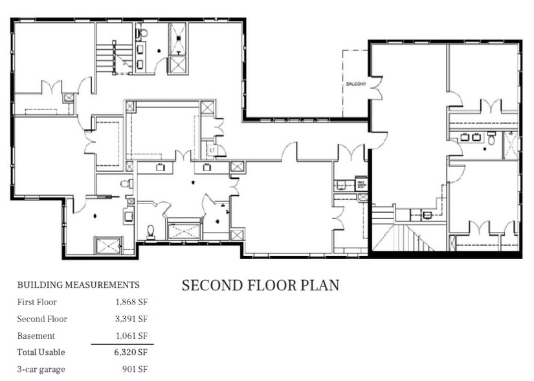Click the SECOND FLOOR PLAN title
click(x=260, y=286)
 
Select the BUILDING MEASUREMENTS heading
click(x=78, y=284)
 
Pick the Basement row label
click(x=36, y=336)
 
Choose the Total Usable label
click(x=41, y=352)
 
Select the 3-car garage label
click(x=41, y=369)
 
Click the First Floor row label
click(x=37, y=302)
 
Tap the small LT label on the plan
click(x=212, y=150)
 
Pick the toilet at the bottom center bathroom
click(x=151, y=230)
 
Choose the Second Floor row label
click(x=42, y=319)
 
